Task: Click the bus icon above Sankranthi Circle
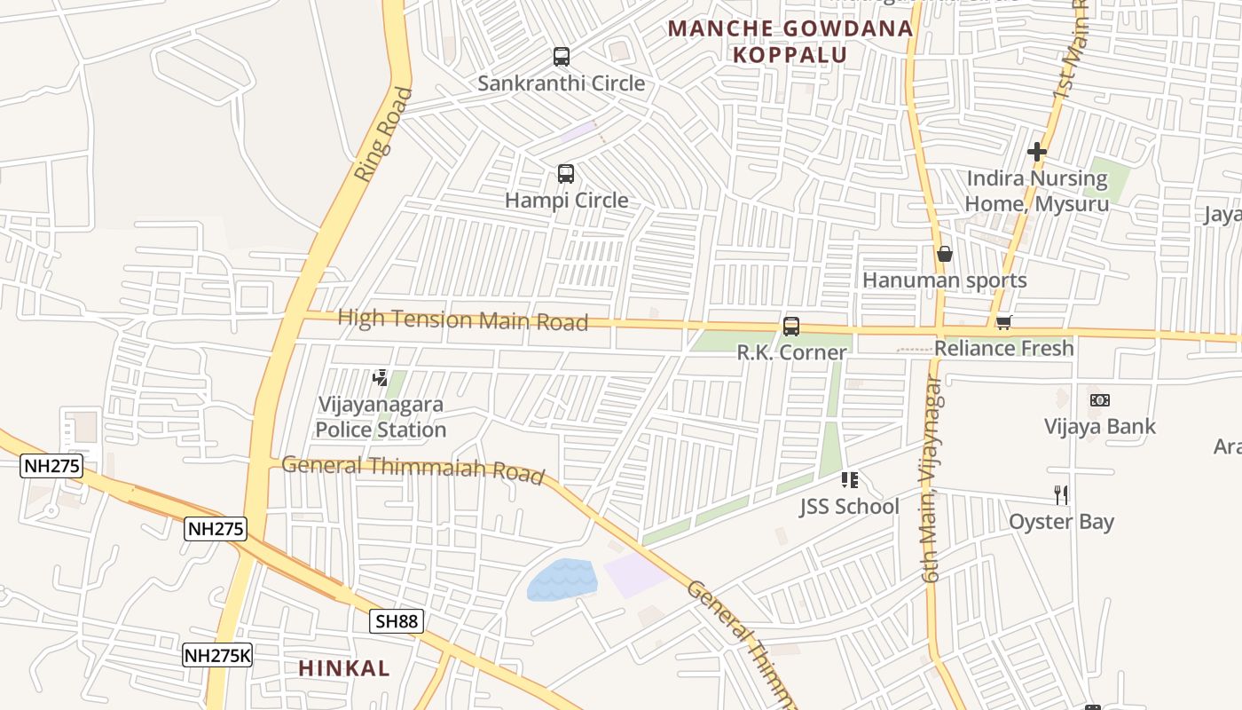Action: pyautogui.click(x=561, y=57)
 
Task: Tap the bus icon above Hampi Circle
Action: pyautogui.click(x=565, y=174)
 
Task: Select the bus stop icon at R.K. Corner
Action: pyautogui.click(x=790, y=327)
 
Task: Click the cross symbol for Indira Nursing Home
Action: pyautogui.click(x=1036, y=152)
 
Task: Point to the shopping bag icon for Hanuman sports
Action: pyautogui.click(x=945, y=255)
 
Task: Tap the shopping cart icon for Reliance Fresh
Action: pyautogui.click(x=1003, y=322)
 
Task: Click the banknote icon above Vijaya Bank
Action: pyautogui.click(x=1099, y=400)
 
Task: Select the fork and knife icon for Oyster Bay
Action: pyautogui.click(x=1061, y=494)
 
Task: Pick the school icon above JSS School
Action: pyautogui.click(x=849, y=480)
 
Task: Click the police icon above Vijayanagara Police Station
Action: pyautogui.click(x=381, y=378)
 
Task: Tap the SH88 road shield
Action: pyautogui.click(x=396, y=621)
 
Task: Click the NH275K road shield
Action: pyautogui.click(x=218, y=656)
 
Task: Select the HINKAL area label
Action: pyautogui.click(x=344, y=668)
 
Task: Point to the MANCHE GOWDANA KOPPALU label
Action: pyautogui.click(x=790, y=41)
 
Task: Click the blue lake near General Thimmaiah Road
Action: pyautogui.click(x=562, y=580)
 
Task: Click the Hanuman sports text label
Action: pyautogui.click(x=944, y=280)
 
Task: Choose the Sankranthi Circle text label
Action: pyautogui.click(x=561, y=83)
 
